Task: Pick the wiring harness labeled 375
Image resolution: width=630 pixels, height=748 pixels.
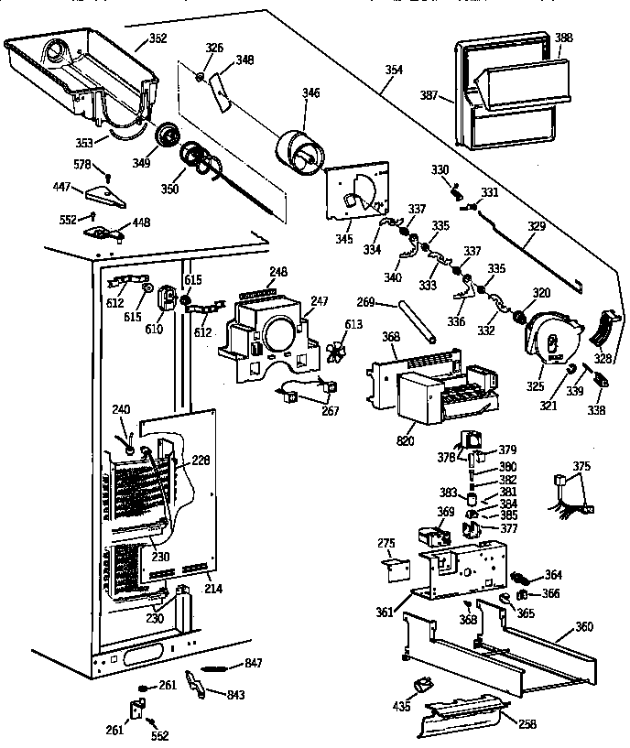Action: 569,494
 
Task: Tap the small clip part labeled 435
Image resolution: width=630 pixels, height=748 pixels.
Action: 422,686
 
